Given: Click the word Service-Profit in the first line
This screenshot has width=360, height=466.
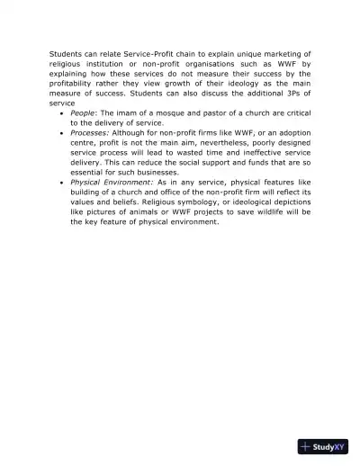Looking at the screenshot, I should (x=133, y=54).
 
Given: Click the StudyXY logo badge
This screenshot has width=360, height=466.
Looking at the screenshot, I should (x=323, y=446).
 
